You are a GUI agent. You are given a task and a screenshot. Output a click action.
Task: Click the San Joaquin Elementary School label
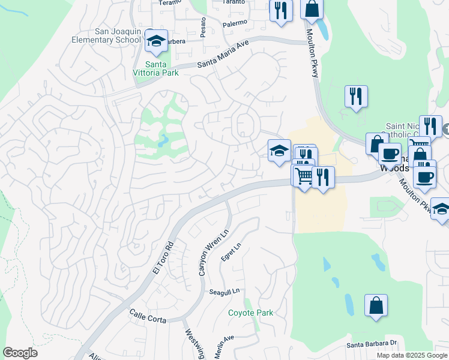(117, 35)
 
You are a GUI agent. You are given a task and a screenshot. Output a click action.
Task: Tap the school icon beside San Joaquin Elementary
(156, 41)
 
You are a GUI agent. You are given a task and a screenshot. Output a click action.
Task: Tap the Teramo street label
(170, 2)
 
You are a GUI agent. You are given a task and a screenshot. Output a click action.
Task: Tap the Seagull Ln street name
(224, 292)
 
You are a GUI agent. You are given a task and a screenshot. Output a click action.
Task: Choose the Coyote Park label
(250, 313)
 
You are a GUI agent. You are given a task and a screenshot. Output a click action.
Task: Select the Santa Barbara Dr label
(373, 344)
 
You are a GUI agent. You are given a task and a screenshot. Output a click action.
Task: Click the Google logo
(20, 353)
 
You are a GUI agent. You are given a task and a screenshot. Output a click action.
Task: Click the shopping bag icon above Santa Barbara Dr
(375, 305)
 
